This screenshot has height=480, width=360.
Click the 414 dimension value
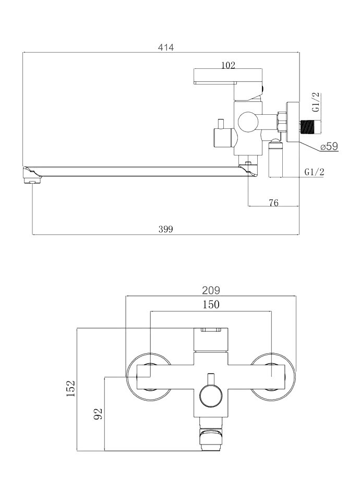point(165,47)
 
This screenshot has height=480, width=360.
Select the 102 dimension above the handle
point(228,65)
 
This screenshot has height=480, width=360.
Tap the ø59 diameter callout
point(329,146)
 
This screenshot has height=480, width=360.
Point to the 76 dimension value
point(273,202)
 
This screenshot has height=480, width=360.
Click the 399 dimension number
point(165,229)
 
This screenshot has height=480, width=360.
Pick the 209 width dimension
point(211,290)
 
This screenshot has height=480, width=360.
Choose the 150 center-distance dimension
point(211,305)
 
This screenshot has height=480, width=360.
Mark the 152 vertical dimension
point(71,389)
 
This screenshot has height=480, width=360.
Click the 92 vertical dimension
point(98,414)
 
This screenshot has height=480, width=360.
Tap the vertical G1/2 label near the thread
point(316,102)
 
